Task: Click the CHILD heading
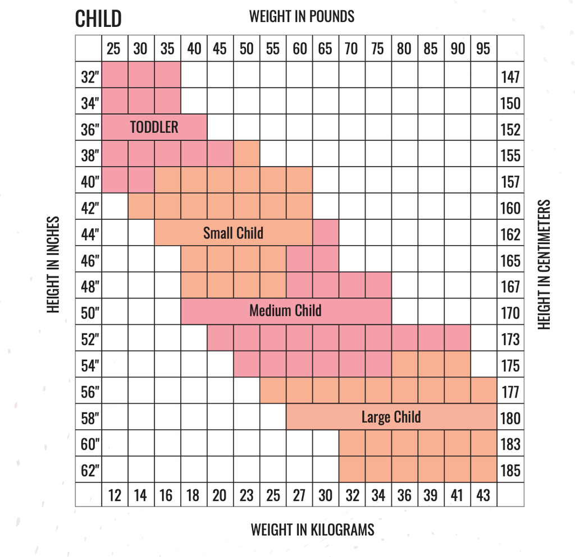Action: pos(98,19)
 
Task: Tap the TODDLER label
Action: pos(154,127)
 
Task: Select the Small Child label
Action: pos(233,233)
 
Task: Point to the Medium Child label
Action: pos(285,310)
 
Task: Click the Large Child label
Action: pos(391,417)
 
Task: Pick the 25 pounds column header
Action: pos(114,49)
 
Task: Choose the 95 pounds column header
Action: pos(483,49)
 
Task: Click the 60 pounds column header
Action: pos(300,49)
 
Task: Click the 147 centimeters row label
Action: pos(510,77)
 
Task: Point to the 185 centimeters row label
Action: pos(510,471)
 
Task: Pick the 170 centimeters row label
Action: pos(510,313)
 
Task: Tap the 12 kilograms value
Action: pos(114,495)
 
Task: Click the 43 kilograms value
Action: pos(483,495)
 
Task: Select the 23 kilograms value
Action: pos(247,495)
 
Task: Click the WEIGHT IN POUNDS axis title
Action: pos(302,16)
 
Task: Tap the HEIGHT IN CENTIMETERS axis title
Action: pos(544,264)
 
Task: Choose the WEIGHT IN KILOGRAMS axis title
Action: pos(312,529)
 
